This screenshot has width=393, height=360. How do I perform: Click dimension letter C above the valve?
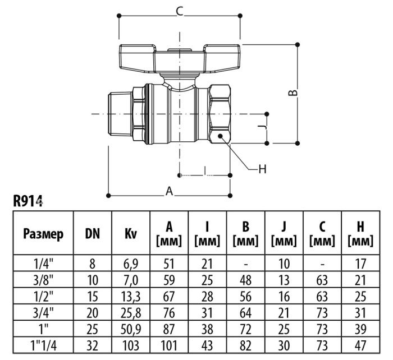180,10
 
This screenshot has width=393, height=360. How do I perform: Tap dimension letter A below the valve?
168,191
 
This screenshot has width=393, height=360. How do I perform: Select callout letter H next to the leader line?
261,168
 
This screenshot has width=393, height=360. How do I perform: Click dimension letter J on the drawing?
259,128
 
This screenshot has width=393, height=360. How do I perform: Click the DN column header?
93,233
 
